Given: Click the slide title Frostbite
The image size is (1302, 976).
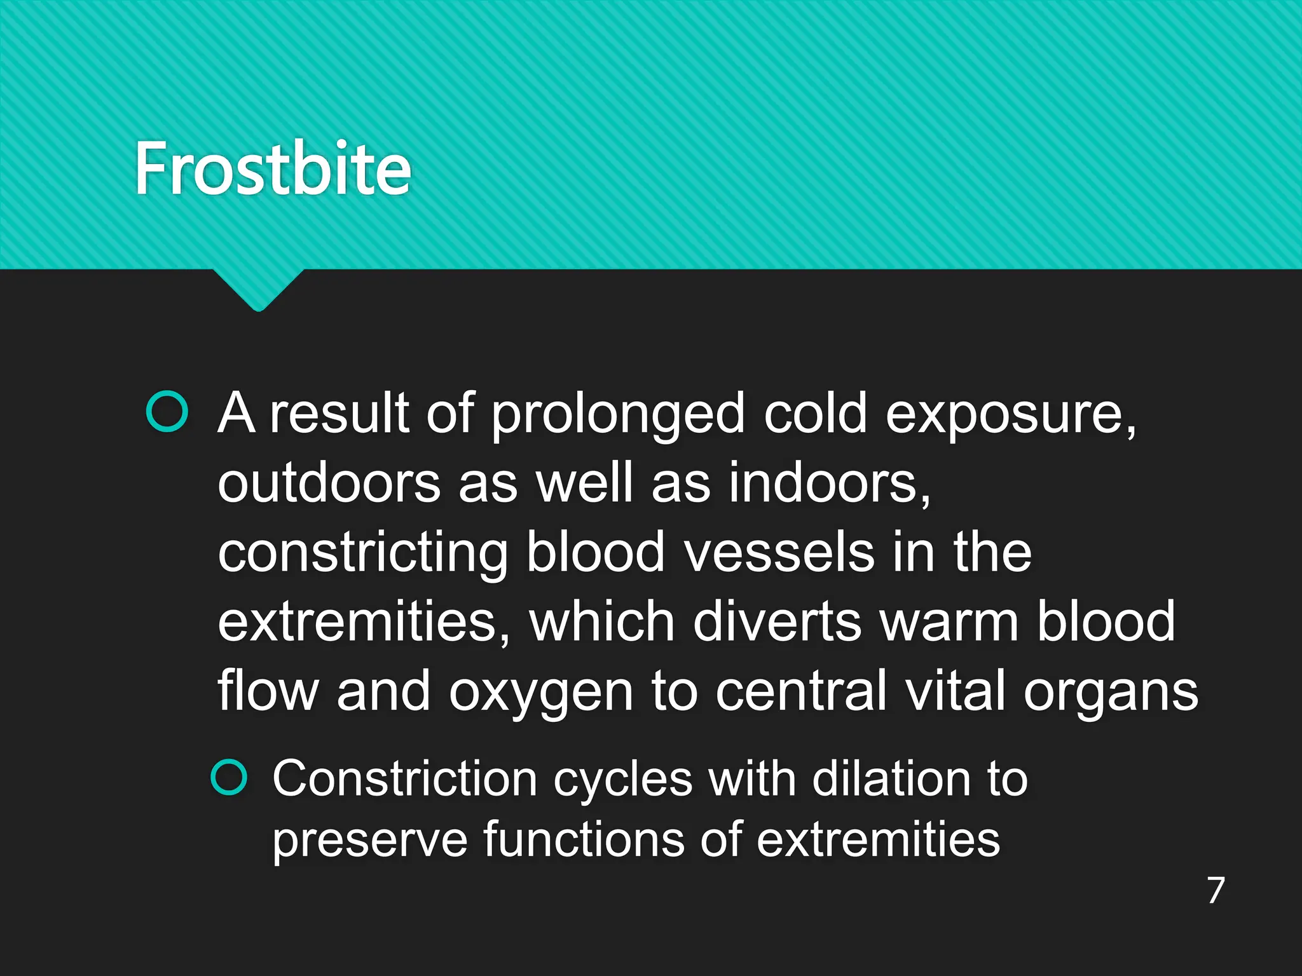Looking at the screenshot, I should coord(273,168).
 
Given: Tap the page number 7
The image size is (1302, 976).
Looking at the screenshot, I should coord(1216,890).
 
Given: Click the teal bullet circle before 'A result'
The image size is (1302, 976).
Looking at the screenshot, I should coord(167,412).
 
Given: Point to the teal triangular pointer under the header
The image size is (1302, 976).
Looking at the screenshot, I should coord(258,290).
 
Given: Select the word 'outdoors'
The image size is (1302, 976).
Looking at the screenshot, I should coord(329,483).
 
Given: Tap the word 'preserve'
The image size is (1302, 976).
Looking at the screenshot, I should coord(369,841).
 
